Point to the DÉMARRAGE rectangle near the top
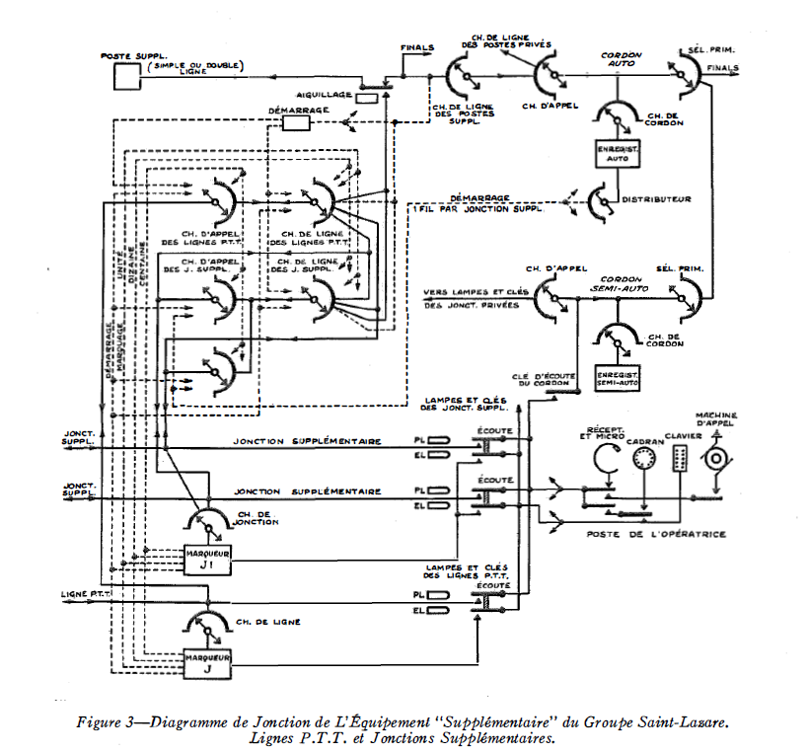point(296,123)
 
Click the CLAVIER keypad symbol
point(678,458)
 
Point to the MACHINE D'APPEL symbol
point(716,458)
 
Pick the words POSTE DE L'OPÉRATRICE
point(656,534)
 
